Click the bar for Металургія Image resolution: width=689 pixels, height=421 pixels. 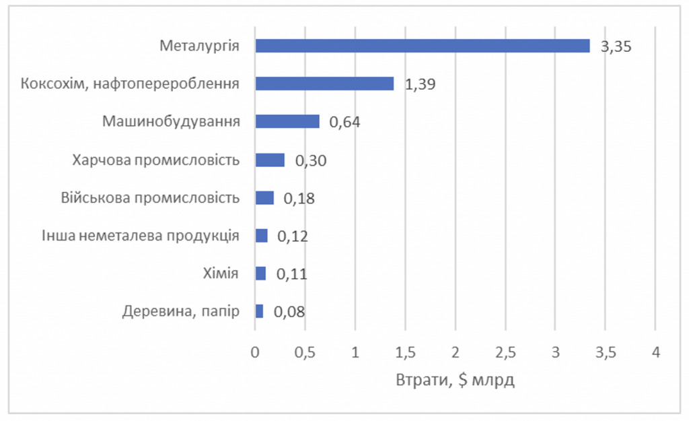(x=423, y=46)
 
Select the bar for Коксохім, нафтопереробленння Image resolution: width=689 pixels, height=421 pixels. (x=324, y=84)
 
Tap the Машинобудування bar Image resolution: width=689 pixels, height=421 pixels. (x=287, y=121)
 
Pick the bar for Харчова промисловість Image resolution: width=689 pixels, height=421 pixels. (x=270, y=160)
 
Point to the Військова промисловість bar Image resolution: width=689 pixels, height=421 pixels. (x=264, y=197)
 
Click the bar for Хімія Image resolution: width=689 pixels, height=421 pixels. (x=260, y=273)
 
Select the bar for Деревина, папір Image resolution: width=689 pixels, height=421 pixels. (x=259, y=311)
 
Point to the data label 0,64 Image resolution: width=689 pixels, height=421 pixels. (x=344, y=123)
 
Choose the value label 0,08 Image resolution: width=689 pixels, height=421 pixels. (x=289, y=312)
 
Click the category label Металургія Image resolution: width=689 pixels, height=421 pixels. (x=200, y=46)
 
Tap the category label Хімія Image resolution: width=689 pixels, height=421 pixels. (x=221, y=273)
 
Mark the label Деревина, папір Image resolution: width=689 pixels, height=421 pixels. (x=181, y=312)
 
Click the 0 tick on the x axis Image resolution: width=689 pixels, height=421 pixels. (x=255, y=352)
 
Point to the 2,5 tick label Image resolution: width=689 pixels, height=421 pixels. (x=505, y=352)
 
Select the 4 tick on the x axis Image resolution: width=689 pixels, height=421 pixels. (x=655, y=352)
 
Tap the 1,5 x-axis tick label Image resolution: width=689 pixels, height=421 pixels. (x=405, y=352)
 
